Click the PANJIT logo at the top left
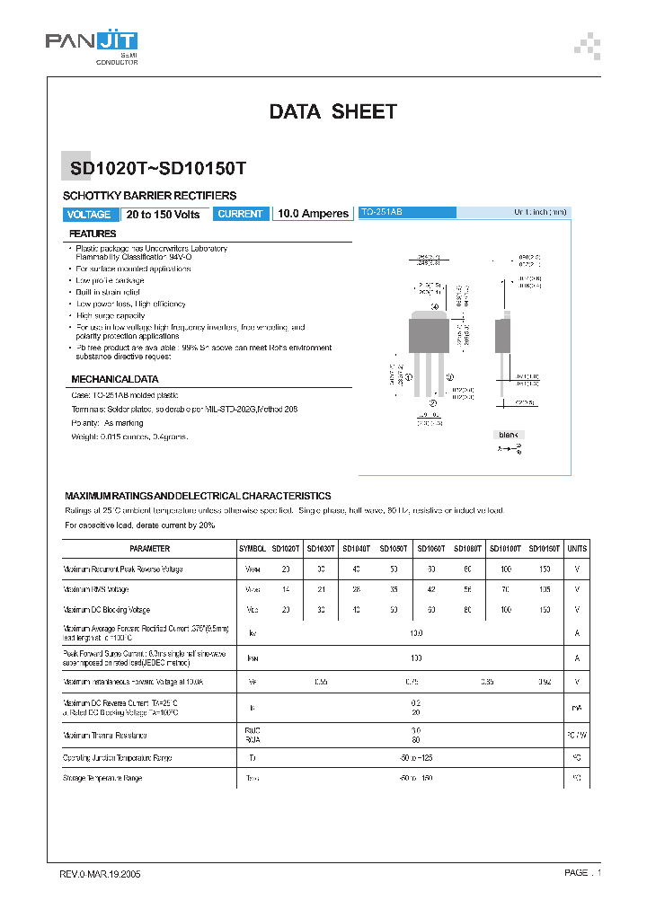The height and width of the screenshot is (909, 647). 91,42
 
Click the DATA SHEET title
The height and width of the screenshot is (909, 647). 332,112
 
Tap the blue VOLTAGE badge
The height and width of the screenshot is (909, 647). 89,215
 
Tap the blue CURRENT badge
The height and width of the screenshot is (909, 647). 241,215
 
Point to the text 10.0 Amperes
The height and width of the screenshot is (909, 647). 313,214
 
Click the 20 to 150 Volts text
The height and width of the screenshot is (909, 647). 163,215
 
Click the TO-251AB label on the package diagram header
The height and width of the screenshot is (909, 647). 382,212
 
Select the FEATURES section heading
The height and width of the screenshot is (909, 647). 93,234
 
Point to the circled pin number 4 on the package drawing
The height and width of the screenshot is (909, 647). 436,307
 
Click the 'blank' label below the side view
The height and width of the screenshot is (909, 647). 509,435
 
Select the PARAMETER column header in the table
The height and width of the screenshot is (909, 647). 149,548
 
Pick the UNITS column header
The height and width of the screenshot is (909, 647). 577,548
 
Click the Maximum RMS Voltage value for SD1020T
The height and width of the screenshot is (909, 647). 286,589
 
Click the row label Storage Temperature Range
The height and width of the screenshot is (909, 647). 103,778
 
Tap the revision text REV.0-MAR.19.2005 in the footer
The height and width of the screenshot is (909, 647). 100,873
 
